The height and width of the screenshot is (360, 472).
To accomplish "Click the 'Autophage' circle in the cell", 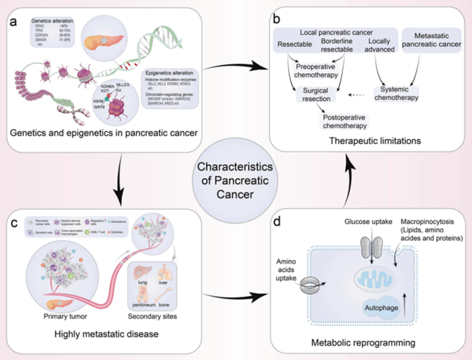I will click(x=381, y=308).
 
